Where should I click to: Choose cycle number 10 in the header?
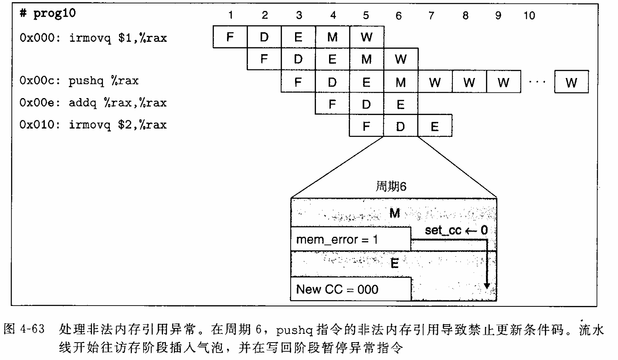pos(530,16)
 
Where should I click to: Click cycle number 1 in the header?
pos(230,16)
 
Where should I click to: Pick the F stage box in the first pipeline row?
pos(230,37)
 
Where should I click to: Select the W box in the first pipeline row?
pos(367,37)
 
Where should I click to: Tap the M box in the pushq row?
pos(401,82)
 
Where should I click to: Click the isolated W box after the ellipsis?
pos(571,82)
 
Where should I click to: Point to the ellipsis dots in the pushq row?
pos(538,82)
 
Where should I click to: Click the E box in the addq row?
pos(401,104)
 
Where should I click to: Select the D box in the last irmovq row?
pos(401,126)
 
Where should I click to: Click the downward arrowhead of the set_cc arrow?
pos(487,286)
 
